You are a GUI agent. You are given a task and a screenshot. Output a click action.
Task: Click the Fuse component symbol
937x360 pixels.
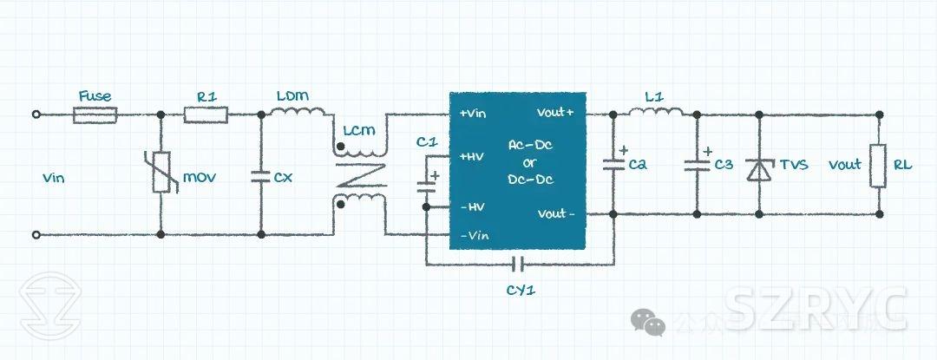coord(95,115)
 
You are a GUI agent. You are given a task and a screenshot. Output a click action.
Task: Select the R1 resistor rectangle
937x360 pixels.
coord(206,115)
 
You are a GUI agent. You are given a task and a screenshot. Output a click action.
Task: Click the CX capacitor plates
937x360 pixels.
coord(260,177)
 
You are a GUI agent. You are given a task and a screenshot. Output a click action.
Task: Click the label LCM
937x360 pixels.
coord(359,131)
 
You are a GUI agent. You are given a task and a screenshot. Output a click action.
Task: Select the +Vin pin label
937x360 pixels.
coord(474,114)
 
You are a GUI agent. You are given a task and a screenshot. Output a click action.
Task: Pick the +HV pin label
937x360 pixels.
coord(473,156)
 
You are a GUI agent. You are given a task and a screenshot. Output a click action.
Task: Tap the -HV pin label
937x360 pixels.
coord(472,206)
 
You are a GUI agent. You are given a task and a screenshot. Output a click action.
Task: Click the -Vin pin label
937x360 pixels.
coord(474,235)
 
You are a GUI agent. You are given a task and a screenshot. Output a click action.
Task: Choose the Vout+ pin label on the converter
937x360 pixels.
coord(555,114)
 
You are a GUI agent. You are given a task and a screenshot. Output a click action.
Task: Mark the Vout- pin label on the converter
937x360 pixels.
coord(555,213)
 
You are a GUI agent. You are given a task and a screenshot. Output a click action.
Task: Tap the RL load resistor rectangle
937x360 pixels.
coord(881,165)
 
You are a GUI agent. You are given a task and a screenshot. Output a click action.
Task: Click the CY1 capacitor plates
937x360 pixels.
coord(520,263)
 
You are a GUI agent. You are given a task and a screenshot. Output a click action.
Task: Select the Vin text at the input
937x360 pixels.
coord(54,178)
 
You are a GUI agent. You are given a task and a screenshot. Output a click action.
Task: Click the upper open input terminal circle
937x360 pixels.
coord(36,115)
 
